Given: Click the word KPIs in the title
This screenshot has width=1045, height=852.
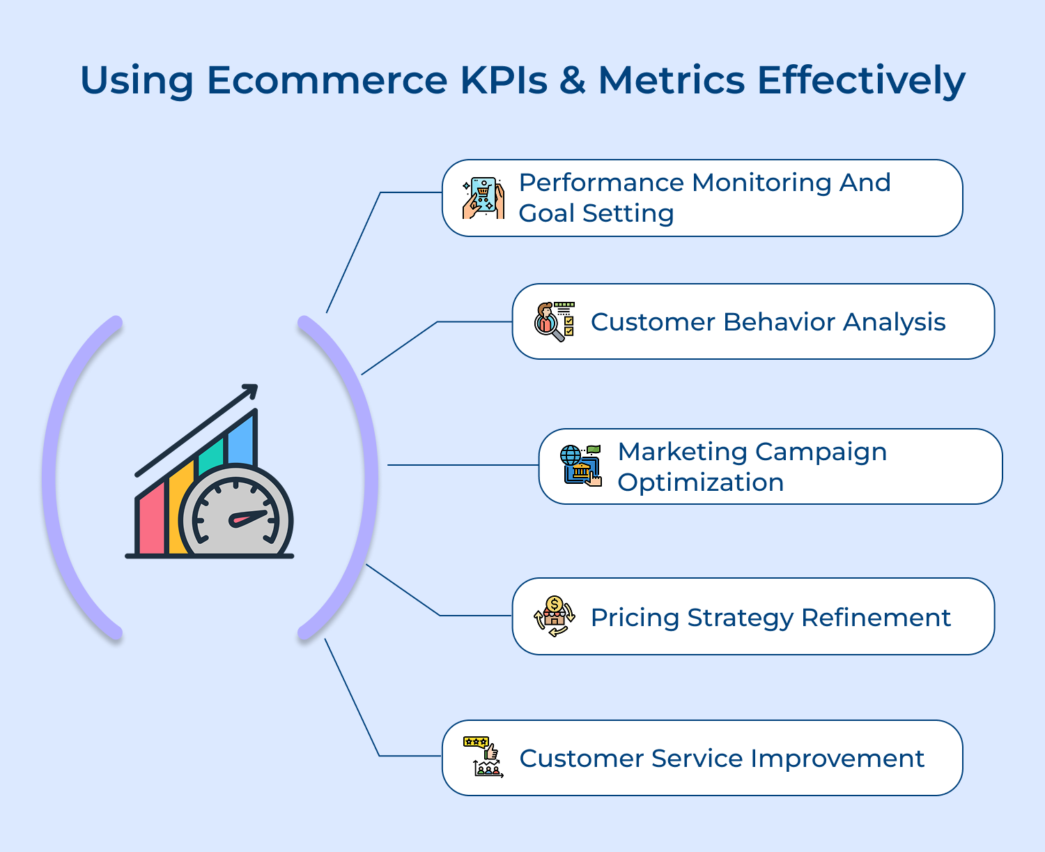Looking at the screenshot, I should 504,80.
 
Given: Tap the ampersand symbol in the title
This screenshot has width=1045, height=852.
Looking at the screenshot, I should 572,80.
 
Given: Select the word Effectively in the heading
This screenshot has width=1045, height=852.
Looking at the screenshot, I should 860,80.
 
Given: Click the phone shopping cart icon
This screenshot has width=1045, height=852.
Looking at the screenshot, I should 483,198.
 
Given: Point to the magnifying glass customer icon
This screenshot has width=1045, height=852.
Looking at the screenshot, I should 555,321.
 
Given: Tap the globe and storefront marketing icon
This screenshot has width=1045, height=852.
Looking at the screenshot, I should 580,466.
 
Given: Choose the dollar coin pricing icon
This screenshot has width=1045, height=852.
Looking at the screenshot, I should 555,616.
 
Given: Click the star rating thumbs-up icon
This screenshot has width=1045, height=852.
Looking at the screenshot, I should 483,756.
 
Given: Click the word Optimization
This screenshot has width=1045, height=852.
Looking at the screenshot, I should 700,482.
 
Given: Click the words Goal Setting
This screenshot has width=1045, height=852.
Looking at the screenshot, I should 596,213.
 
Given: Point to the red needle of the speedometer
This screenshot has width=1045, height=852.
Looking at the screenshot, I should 249,518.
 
